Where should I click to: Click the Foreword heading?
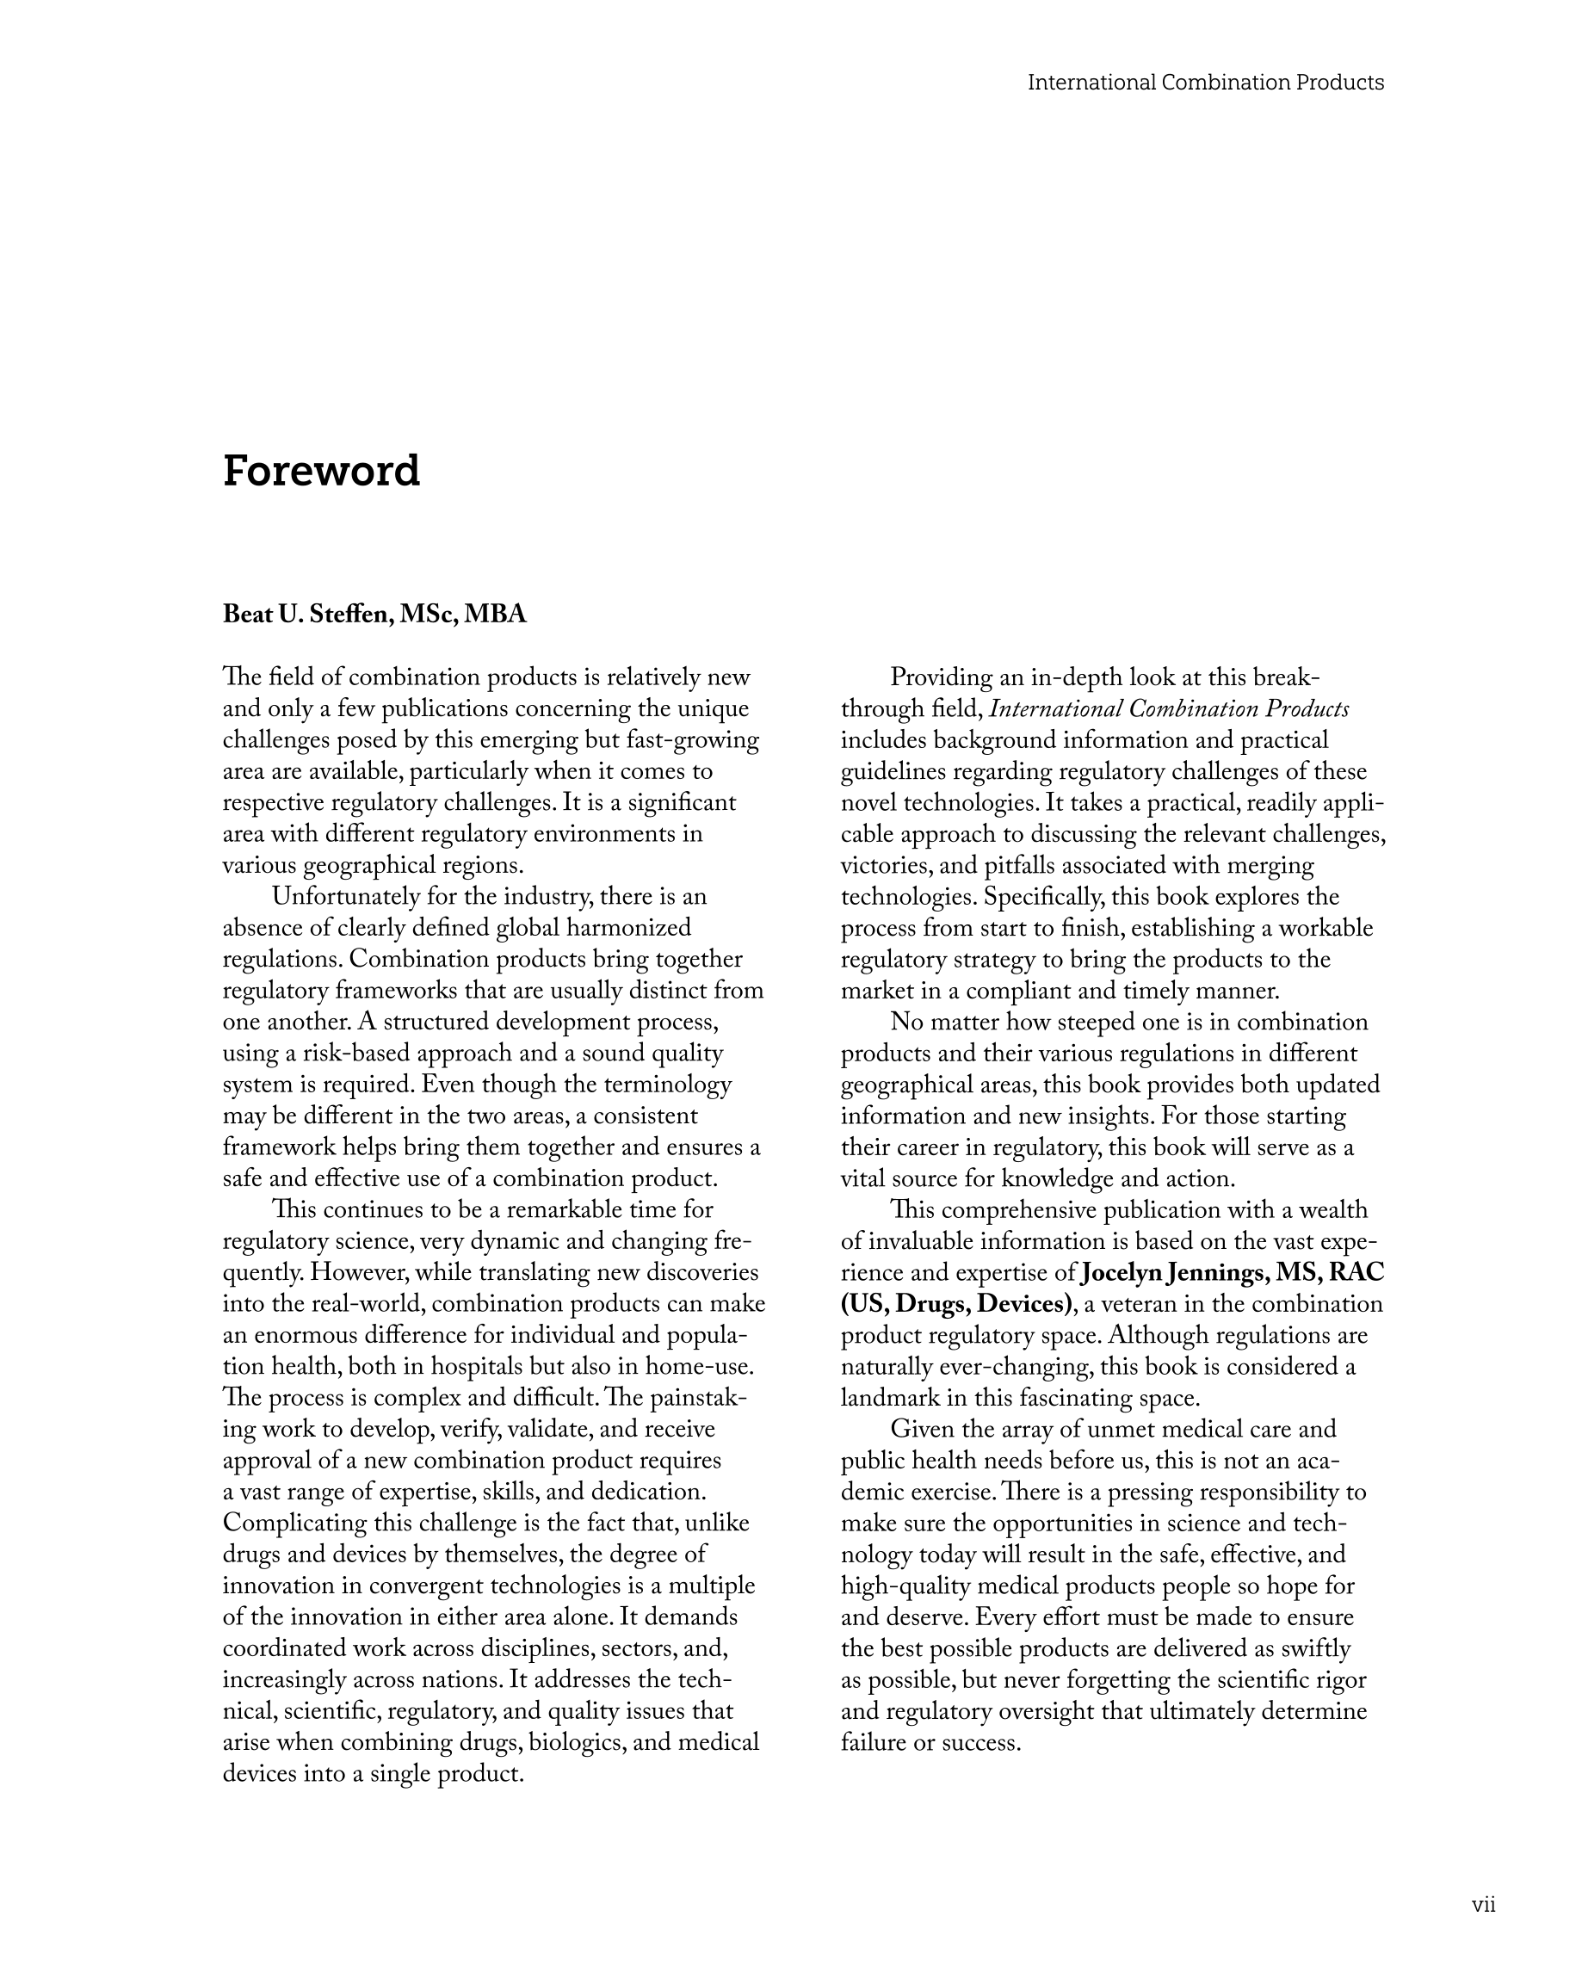coord(321,472)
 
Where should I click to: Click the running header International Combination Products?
coord(1205,83)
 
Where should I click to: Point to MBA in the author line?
coord(496,615)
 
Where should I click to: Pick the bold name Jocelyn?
coord(1124,1272)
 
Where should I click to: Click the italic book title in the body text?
coord(1169,709)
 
